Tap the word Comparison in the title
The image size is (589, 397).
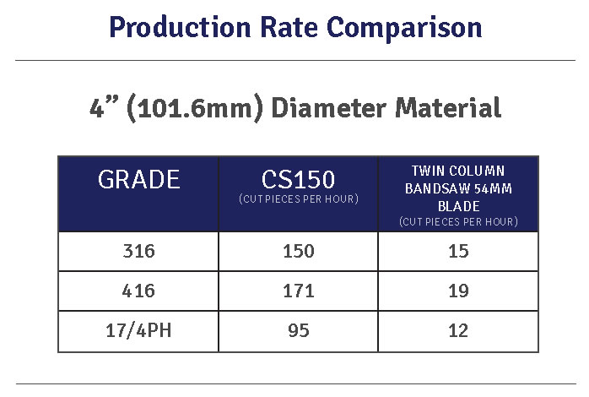[x=405, y=27]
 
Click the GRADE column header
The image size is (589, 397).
[x=138, y=180]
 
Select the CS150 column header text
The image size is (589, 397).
[x=298, y=178]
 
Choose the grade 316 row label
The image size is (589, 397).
[x=138, y=252]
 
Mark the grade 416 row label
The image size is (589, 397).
[x=138, y=291]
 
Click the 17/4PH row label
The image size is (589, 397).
[x=138, y=331]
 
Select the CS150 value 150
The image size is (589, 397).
[x=298, y=252]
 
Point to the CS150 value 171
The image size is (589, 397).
[x=298, y=291]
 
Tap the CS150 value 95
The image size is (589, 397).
[x=298, y=331]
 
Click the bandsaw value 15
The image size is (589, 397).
[x=458, y=252]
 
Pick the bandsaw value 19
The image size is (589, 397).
[x=458, y=291]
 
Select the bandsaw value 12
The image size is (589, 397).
[x=458, y=331]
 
